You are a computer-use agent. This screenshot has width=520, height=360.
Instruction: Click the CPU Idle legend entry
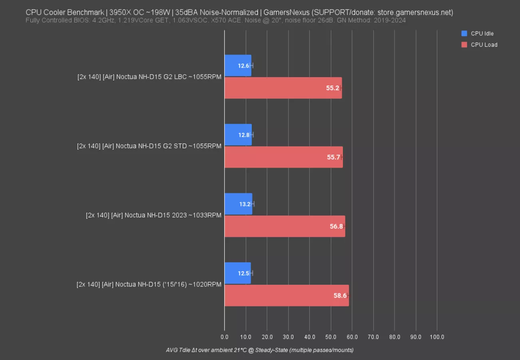(x=479, y=34)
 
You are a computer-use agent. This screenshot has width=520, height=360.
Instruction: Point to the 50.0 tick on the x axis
(x=331, y=337)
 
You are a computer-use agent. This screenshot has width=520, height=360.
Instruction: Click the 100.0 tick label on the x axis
(x=437, y=337)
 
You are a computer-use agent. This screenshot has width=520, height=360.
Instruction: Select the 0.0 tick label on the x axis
(x=225, y=337)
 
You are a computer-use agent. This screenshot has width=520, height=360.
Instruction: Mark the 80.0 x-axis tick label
(x=394, y=337)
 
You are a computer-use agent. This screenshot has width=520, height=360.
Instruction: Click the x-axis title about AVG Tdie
(x=260, y=350)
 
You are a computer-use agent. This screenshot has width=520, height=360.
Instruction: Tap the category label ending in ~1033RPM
(x=153, y=215)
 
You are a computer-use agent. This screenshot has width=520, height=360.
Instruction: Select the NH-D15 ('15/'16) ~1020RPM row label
(x=149, y=284)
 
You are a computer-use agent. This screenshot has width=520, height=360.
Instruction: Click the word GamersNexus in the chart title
(x=286, y=12)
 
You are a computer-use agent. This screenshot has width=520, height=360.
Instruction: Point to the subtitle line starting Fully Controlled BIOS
(x=215, y=20)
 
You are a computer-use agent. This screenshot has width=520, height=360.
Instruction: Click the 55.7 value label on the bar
(x=333, y=157)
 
